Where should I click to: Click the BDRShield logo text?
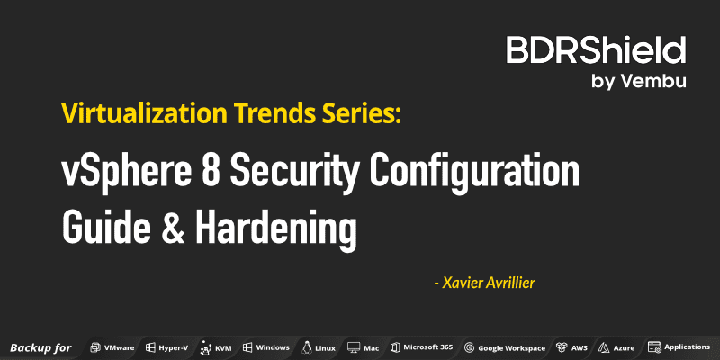tap(596, 50)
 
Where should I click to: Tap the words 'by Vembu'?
tap(639, 81)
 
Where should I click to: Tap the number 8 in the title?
tap(218, 171)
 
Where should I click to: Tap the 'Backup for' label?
tap(40, 347)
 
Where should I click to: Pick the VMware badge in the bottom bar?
tap(112, 347)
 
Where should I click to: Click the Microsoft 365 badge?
tap(421, 347)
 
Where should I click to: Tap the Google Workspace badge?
tap(505, 347)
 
